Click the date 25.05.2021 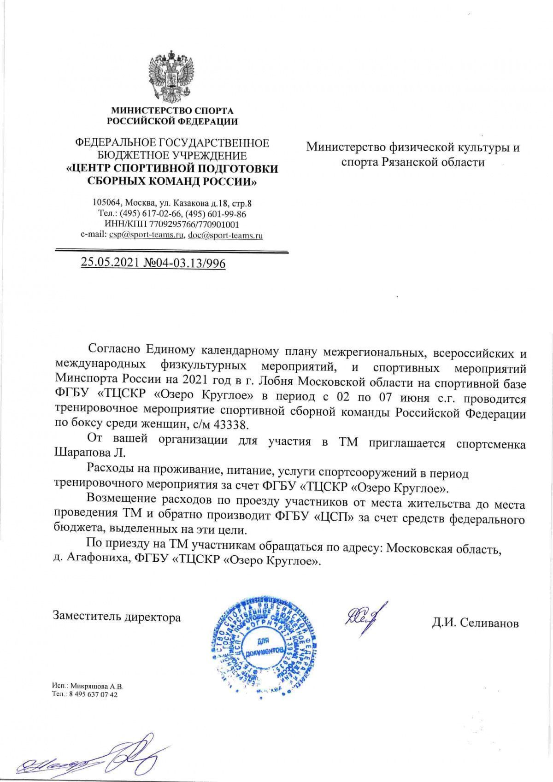click(x=110, y=263)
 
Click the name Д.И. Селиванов click(x=475, y=623)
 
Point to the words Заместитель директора click(x=117, y=617)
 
